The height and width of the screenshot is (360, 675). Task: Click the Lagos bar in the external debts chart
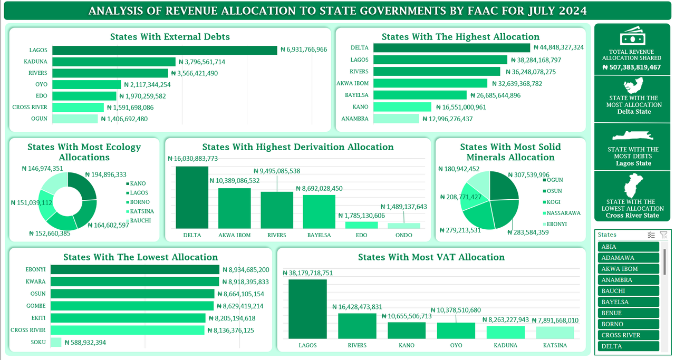click(165, 50)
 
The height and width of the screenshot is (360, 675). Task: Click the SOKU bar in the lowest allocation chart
click(56, 342)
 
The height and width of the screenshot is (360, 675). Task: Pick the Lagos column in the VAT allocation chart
click(307, 309)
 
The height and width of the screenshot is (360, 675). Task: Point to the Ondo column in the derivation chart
click(404, 226)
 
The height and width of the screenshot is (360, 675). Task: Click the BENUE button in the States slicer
click(629, 313)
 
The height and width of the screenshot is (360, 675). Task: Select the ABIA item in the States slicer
click(629, 247)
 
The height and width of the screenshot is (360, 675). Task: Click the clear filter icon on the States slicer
click(663, 235)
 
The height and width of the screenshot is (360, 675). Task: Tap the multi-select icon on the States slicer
click(651, 235)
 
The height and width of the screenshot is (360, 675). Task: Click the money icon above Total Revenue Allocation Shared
click(631, 37)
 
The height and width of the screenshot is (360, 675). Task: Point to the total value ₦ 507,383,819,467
click(631, 67)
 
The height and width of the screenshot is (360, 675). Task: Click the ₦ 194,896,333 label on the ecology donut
click(105, 174)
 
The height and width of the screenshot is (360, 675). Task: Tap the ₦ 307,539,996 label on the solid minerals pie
click(528, 175)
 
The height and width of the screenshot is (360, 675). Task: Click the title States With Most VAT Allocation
click(431, 257)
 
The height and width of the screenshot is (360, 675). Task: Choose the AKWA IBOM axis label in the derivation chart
click(235, 235)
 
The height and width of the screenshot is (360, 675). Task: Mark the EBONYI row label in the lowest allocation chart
click(36, 269)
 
